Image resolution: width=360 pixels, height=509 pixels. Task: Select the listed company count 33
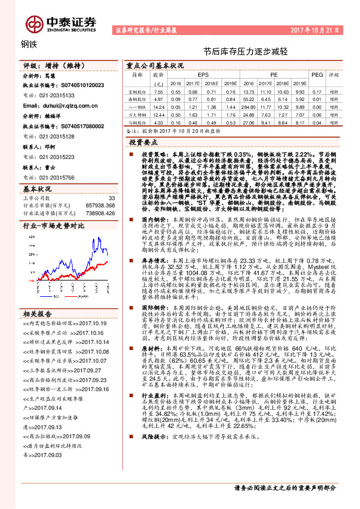click(x=111, y=198)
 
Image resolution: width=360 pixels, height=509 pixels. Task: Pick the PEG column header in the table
click(x=317, y=74)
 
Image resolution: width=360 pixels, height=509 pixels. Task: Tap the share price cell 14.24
click(x=159, y=105)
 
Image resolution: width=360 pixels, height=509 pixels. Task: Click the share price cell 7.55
click(x=159, y=90)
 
